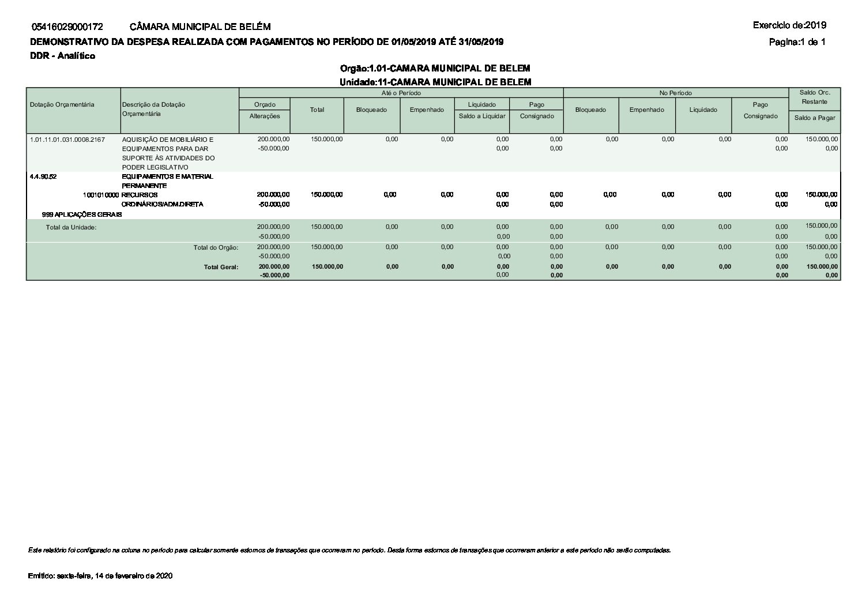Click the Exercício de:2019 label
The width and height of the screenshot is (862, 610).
(789, 25)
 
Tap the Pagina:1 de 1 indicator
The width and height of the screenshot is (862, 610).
(797, 42)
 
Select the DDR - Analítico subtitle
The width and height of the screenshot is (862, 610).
(62, 56)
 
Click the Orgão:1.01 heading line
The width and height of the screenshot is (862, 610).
(435, 69)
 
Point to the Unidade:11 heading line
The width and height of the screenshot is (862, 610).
(435, 82)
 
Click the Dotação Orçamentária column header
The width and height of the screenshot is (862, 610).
(62, 104)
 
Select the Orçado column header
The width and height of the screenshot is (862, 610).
(265, 104)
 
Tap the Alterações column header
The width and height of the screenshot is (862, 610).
(265, 116)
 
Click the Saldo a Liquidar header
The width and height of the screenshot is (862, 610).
(482, 116)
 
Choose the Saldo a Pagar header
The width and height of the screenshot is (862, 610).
(814, 118)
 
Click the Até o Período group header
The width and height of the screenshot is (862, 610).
(401, 93)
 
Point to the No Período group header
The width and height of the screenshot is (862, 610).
(676, 93)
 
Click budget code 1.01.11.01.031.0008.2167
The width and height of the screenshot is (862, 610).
(67, 140)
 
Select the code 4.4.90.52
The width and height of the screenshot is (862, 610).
(43, 176)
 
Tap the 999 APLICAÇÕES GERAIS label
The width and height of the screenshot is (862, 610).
(81, 214)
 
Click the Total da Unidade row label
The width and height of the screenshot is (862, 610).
(71, 227)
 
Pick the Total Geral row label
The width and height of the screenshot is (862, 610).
(221, 267)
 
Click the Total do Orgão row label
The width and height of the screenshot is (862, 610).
(216, 248)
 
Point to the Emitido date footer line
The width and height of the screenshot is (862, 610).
(100, 576)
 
